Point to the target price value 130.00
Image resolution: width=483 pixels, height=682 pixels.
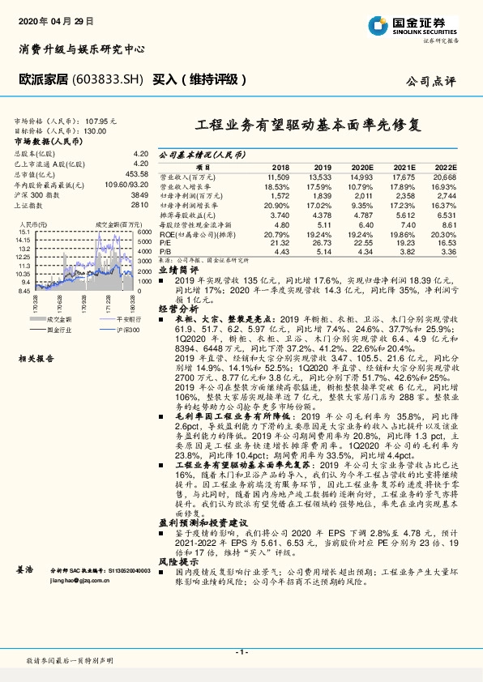[95, 130]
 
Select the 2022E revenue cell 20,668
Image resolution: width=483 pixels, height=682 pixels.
[445, 176]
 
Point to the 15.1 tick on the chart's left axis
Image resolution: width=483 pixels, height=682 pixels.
[24, 231]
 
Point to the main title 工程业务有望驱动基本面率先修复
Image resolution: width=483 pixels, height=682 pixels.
[309, 126]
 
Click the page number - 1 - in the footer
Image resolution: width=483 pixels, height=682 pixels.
[241, 653]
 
